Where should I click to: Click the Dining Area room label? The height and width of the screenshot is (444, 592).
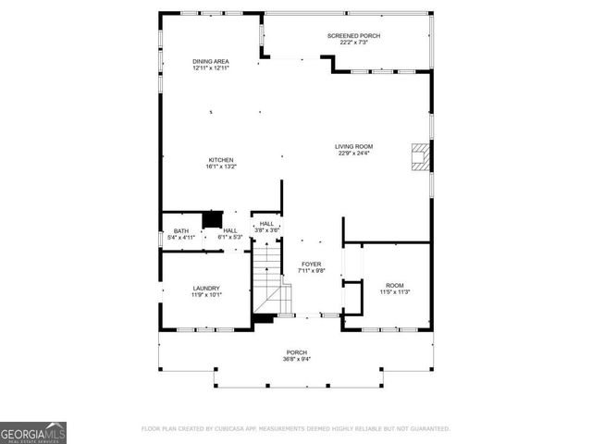[210, 61]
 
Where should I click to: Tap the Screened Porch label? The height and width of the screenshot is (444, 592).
[353, 35]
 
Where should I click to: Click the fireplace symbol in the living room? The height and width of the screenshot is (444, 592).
[421, 157]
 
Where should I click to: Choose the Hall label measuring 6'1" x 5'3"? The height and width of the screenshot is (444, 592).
[230, 230]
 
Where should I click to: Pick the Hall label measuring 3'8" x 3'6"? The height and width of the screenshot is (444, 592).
[266, 223]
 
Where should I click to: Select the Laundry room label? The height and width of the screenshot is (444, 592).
[206, 288]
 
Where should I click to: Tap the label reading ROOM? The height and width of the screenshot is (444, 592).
[395, 285]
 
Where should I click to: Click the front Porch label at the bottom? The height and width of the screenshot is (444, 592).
[296, 352]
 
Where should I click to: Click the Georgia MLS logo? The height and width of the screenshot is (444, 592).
[33, 432]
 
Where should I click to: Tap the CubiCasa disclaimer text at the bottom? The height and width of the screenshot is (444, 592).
[295, 429]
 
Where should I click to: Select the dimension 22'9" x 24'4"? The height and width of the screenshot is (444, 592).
[353, 154]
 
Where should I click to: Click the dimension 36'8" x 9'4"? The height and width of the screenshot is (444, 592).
[296, 359]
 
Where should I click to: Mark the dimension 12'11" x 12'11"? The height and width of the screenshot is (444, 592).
[210, 68]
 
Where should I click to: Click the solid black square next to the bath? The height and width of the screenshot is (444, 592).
[213, 219]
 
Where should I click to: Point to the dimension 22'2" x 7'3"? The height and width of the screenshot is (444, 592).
[353, 42]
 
